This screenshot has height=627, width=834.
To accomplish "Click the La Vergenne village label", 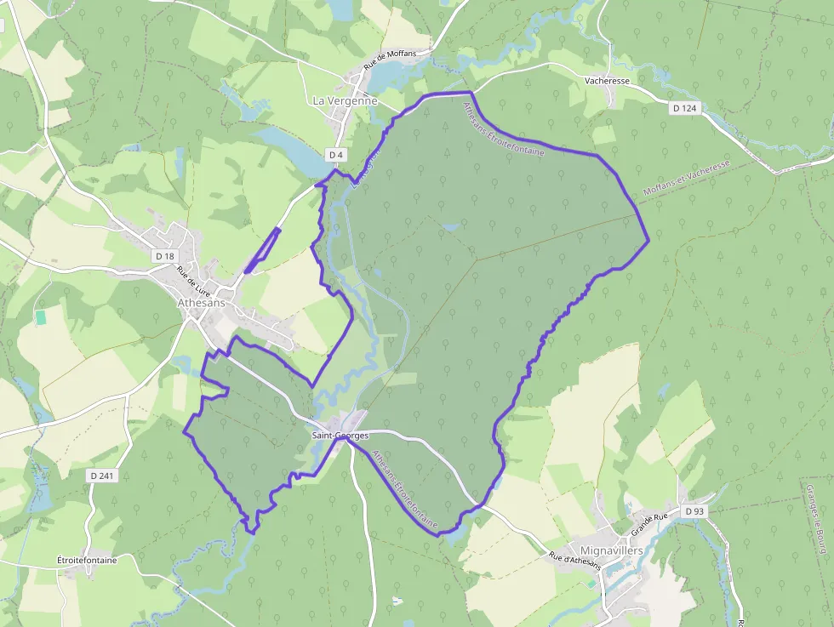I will point(345,100).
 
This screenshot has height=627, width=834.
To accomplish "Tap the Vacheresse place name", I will point(607,81).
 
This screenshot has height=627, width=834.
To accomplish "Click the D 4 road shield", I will point(336,155).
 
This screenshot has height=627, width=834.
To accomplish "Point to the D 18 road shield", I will point(164,256).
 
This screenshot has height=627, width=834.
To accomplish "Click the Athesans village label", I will point(201,302).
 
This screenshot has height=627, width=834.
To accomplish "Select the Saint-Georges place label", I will point(340,436).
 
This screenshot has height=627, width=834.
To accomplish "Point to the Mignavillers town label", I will point(610,550).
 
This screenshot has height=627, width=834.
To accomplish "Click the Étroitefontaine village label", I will point(86,560).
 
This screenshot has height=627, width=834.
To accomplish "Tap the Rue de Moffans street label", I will point(390,60).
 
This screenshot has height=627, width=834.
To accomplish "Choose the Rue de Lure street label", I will point(193,281).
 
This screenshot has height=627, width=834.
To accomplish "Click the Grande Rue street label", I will point(648,524).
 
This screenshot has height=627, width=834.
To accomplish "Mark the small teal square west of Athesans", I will point(41,316).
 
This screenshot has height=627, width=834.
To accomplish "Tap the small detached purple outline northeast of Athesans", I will point(262,251).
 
